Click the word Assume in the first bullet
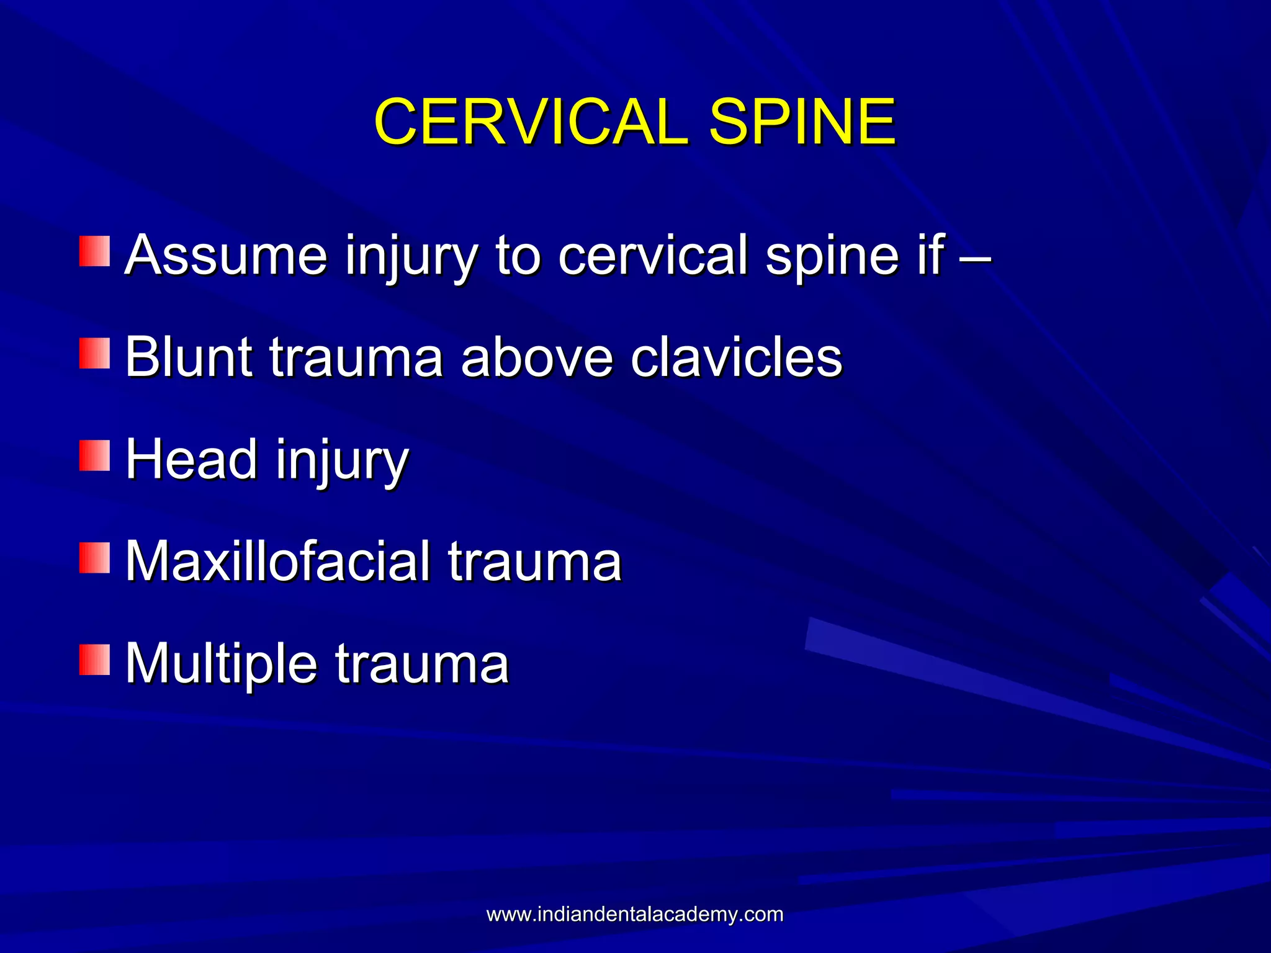(x=226, y=254)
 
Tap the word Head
(x=192, y=459)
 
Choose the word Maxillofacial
(x=277, y=562)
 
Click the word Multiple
(x=222, y=664)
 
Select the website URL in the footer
(x=635, y=915)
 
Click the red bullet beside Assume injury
(x=94, y=251)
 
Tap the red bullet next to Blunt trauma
(x=94, y=354)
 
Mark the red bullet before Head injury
(x=94, y=456)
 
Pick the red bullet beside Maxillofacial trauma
(x=94, y=558)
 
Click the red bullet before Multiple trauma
(x=94, y=660)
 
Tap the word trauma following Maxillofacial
(x=534, y=562)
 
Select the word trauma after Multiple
(x=422, y=664)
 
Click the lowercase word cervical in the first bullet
(x=653, y=254)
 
